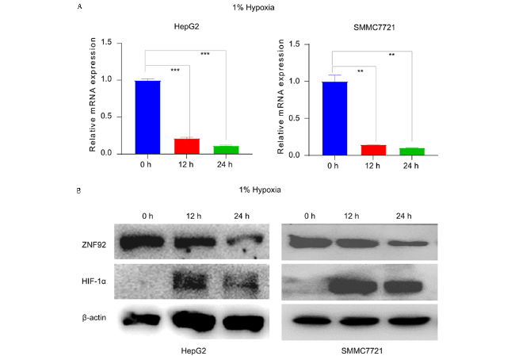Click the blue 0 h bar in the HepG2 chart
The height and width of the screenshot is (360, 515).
click(x=147, y=117)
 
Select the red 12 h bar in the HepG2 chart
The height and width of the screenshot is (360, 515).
click(x=187, y=146)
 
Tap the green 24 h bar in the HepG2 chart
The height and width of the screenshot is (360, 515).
click(x=227, y=149)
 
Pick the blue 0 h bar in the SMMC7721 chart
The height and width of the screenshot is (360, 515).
click(x=334, y=117)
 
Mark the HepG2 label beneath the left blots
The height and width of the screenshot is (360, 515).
click(x=186, y=349)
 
